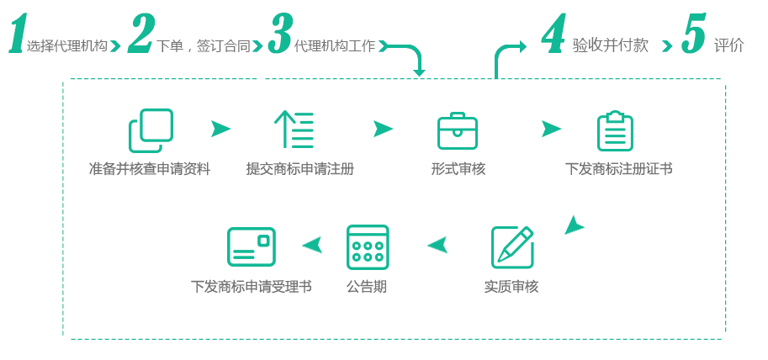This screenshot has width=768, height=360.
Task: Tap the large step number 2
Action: [141, 33]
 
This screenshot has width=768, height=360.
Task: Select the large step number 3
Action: [280, 33]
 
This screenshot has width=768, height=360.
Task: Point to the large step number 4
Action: [553, 33]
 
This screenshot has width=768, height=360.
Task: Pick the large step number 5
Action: [693, 33]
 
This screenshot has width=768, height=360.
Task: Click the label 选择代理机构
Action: [66, 46]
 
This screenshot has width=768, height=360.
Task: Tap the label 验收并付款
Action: [610, 45]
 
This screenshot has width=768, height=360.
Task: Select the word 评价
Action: [728, 45]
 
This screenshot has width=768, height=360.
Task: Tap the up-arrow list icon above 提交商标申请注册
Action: [294, 130]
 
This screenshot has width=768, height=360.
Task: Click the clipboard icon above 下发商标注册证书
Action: [615, 131]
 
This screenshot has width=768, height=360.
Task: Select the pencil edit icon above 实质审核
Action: [512, 246]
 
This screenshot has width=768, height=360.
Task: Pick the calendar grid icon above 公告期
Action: [368, 246]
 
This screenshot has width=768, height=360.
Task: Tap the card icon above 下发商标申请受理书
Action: [252, 246]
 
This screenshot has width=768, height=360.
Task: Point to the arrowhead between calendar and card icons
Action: [312, 245]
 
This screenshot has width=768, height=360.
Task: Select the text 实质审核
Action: [511, 287]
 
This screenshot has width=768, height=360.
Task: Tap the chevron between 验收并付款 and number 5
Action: [667, 46]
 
